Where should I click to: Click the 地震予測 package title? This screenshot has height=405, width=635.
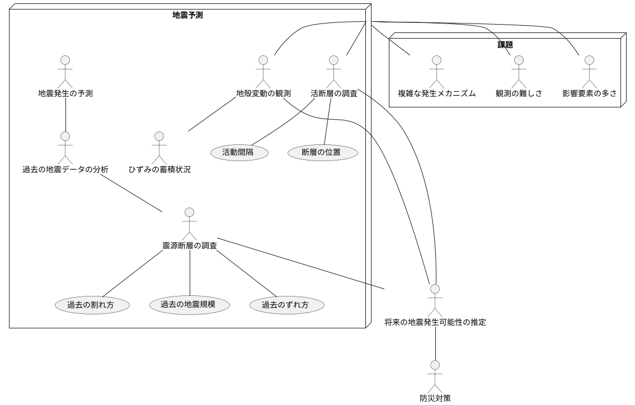tap(187, 15)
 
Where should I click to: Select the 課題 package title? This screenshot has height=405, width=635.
tap(505, 44)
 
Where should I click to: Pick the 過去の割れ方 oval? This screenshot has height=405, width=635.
tap(92, 305)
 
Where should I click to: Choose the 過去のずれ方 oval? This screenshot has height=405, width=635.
tap(285, 305)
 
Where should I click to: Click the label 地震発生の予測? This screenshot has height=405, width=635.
tap(65, 93)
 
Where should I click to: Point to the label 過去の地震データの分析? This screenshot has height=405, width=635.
tap(65, 169)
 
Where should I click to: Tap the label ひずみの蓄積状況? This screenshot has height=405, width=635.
tap(159, 169)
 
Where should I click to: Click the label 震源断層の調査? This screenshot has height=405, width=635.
tap(190, 246)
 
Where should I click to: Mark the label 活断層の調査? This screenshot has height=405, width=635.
tap(334, 93)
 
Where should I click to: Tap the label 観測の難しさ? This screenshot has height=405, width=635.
tap(519, 93)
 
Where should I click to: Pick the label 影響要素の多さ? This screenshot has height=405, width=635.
tap(589, 93)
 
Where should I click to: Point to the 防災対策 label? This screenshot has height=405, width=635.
tap(435, 398)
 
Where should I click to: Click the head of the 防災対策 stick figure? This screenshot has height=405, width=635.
tap(435, 365)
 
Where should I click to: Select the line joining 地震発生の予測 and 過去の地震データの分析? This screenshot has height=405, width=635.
tap(65, 115)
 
